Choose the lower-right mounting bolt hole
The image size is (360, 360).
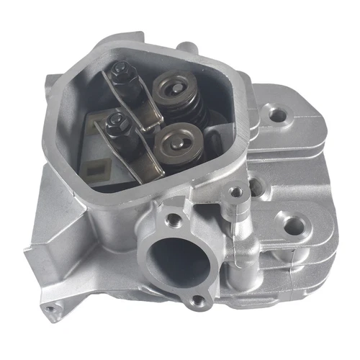[x=292, y=226]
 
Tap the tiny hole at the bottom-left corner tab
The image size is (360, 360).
[x=50, y=310]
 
